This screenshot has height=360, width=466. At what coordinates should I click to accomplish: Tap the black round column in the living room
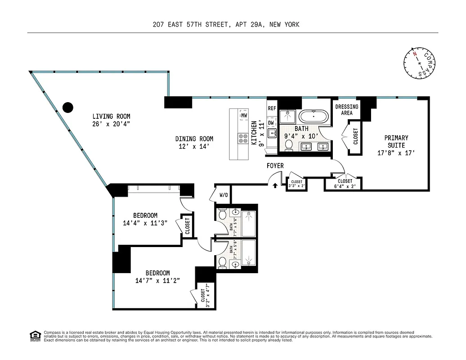click(67, 107)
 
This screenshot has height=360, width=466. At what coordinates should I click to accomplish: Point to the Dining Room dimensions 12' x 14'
click(194, 146)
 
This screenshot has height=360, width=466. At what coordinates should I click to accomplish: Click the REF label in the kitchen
click(272, 108)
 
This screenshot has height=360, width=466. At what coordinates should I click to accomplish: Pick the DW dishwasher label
click(271, 122)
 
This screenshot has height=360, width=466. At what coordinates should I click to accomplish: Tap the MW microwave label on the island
click(244, 116)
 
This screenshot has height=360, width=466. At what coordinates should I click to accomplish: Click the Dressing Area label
click(347, 110)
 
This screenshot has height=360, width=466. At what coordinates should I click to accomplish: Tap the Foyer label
click(275, 166)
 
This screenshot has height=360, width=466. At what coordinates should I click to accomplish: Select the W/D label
click(224, 195)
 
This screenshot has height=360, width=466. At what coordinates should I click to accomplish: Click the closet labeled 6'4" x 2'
click(345, 184)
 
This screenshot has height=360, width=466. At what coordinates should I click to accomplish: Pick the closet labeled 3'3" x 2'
click(297, 184)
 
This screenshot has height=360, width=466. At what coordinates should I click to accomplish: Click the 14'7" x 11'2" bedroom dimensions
click(157, 280)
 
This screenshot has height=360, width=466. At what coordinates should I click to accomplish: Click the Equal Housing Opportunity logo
click(35, 336)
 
